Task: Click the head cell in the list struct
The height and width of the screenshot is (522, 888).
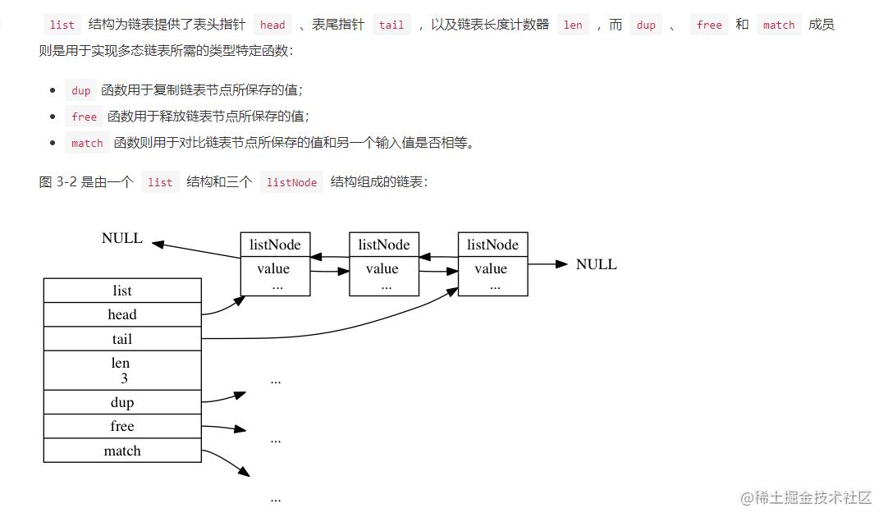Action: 122,314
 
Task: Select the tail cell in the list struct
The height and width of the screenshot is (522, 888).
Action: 122,339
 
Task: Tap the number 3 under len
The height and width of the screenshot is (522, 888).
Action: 124,378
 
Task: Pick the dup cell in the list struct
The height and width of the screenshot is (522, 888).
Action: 122,402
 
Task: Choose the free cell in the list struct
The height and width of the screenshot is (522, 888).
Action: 122,426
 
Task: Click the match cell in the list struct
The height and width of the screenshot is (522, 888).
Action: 122,451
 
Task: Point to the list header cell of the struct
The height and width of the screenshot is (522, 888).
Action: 122,291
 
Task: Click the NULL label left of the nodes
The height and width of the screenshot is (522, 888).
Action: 122,238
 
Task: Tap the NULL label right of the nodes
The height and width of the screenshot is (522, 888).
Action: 597,264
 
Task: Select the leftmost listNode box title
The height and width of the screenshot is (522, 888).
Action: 275,245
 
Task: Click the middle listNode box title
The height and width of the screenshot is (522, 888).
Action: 383,245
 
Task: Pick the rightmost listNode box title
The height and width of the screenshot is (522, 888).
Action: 492,245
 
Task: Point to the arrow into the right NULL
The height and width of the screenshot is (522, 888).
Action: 547,264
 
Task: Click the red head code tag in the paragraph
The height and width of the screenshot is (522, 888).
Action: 272,25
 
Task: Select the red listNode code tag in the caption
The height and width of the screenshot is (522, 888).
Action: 291,182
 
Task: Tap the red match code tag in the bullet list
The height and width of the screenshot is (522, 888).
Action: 87,144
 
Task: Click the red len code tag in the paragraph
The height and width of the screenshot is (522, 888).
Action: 573,25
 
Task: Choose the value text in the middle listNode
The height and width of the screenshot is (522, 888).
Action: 382,268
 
